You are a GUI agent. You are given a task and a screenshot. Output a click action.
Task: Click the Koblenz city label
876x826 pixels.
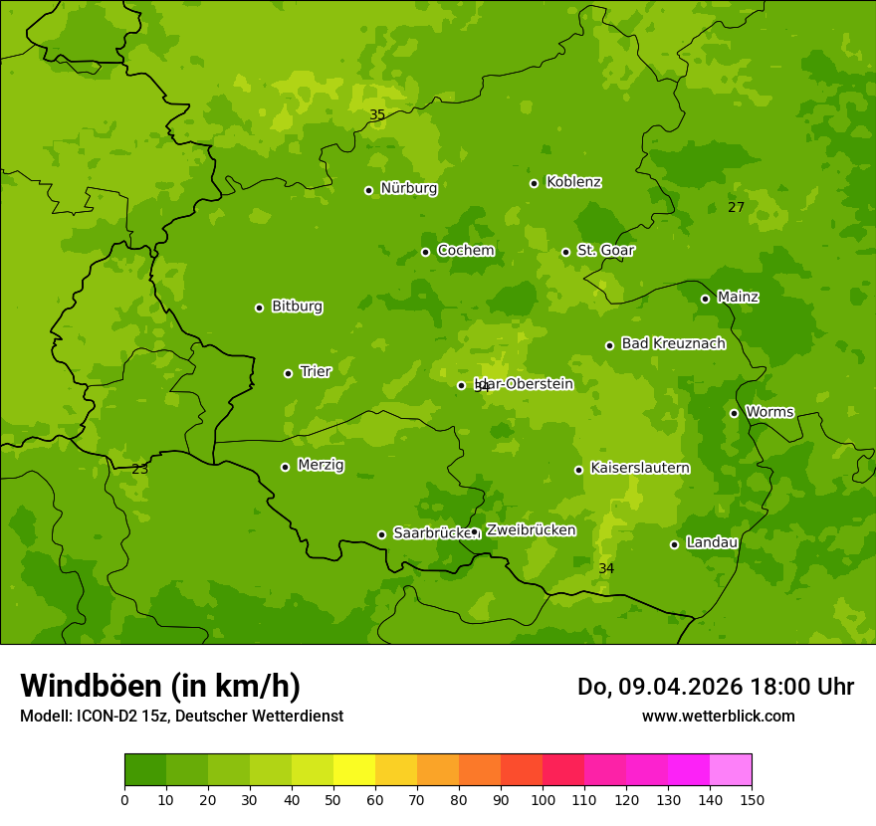coord(573,182)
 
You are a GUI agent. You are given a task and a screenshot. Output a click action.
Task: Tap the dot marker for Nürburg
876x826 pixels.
coord(368,190)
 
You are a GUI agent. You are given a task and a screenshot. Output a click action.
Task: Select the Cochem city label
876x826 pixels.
coord(465,251)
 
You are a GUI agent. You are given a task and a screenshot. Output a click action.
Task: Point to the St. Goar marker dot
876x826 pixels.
coord(565,252)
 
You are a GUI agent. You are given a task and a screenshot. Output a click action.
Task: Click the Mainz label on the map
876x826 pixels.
coord(738,298)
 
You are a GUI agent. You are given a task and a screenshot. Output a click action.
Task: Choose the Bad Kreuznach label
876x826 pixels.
coord(673,344)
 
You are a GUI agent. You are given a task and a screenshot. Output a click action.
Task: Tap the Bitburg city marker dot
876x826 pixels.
coord(259,308)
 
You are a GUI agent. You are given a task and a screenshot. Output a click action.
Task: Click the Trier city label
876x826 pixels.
coord(316,372)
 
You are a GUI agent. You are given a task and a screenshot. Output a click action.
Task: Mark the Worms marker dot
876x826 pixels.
coord(734,413)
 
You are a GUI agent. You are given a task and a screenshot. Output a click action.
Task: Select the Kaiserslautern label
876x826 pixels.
coord(639,469)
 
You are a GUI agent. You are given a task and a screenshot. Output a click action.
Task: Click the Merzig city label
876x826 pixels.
coord(321,466)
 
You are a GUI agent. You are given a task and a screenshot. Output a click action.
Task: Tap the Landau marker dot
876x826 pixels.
coord(674,544)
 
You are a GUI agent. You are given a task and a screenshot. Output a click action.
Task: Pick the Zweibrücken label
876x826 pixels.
coord(531,530)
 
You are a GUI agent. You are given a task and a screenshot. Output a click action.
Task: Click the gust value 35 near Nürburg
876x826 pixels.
coord(377,115)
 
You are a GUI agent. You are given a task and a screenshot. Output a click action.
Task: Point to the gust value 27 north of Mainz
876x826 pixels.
coord(736,208)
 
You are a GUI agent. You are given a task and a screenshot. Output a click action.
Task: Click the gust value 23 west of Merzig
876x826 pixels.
coord(140,469)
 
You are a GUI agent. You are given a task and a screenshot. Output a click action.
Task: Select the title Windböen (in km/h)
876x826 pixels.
coord(160,686)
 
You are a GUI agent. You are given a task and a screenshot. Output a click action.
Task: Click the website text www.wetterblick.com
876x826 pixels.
coord(718,717)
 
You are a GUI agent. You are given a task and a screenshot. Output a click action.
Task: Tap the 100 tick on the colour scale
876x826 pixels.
coord(543,799)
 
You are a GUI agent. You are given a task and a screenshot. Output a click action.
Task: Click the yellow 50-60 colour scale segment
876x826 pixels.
coord(354,770)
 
